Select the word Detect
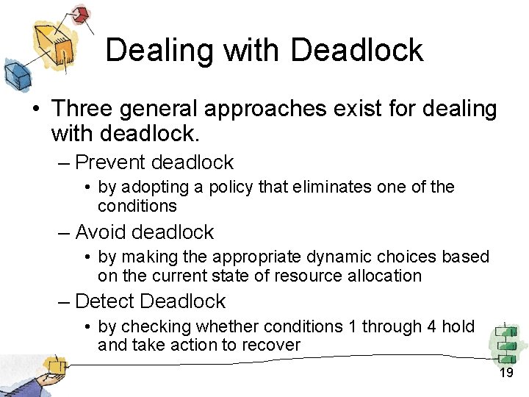[104, 301]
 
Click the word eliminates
[333, 187]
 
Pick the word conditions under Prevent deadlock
[137, 206]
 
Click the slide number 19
[505, 373]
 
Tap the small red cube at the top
[79, 13]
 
